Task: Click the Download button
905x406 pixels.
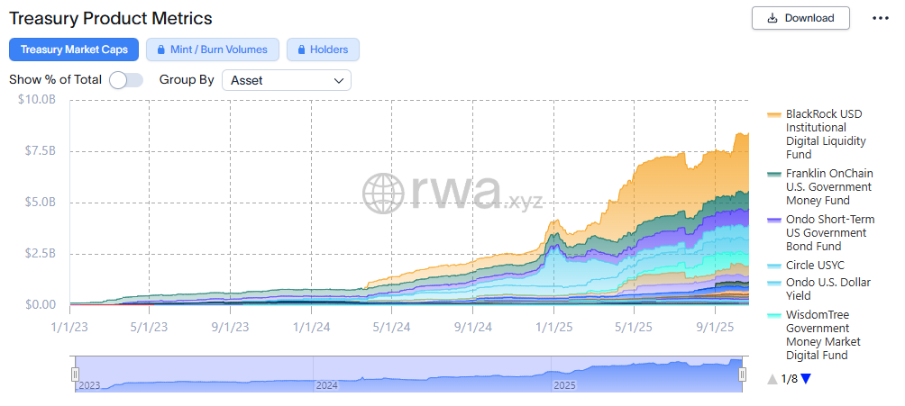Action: tap(800, 17)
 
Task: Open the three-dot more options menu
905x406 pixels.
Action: tap(881, 18)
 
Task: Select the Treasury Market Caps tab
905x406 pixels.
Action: tap(74, 50)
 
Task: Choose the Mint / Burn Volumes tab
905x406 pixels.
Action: tap(213, 50)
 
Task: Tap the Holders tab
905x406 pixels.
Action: tap(323, 50)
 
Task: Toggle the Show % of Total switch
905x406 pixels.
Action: tap(126, 80)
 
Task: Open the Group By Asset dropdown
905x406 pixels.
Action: tap(287, 80)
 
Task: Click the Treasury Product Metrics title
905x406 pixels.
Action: tap(111, 18)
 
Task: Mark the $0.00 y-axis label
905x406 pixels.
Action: tap(40, 305)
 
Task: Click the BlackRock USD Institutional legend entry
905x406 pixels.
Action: tap(824, 134)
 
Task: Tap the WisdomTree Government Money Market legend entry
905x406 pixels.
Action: tap(823, 335)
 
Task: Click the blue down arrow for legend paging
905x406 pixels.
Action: tap(806, 379)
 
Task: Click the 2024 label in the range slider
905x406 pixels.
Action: tap(326, 385)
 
